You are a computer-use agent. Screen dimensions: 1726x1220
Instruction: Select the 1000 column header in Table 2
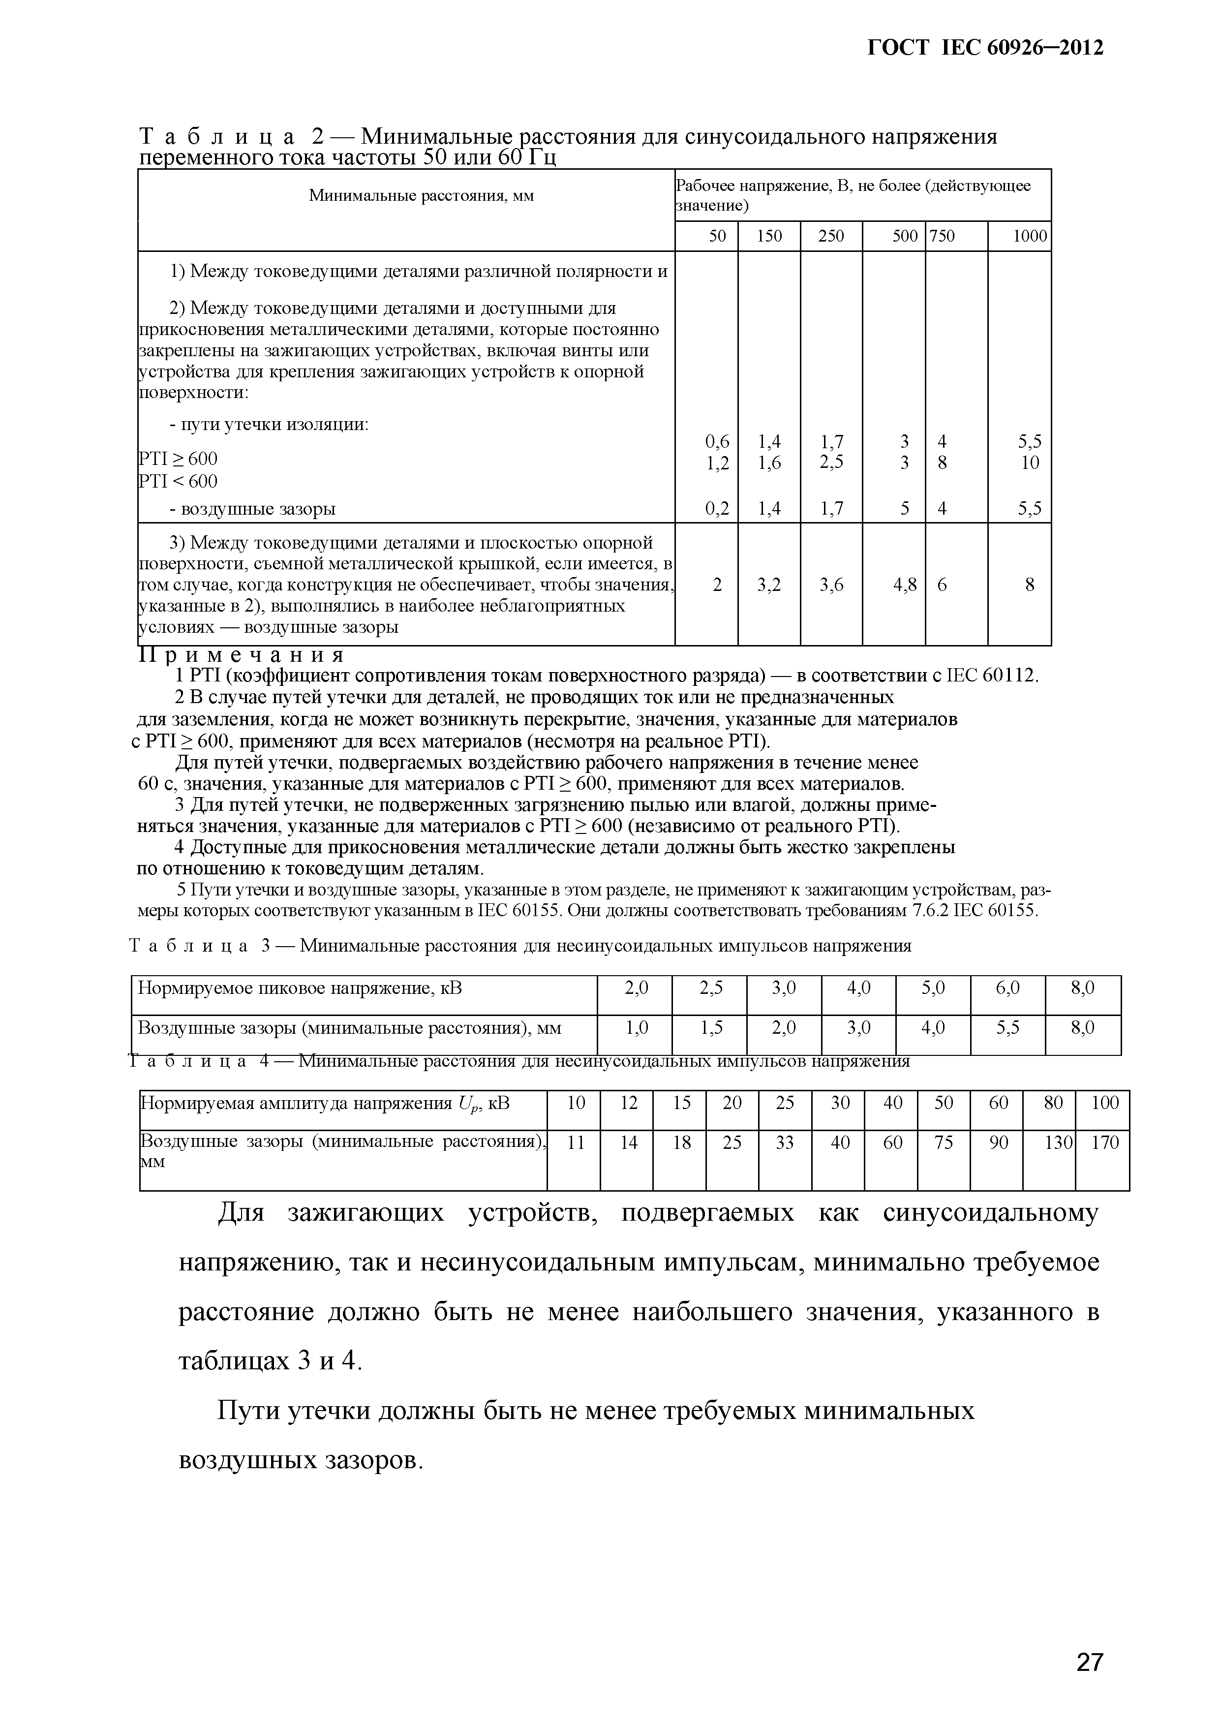point(1029,236)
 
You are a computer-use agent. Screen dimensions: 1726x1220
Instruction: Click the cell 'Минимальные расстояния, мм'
point(421,196)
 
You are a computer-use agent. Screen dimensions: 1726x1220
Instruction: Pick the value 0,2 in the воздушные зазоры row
point(717,509)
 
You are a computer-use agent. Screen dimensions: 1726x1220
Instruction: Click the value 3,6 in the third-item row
point(831,584)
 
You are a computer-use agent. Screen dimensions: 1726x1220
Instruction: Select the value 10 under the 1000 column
point(1030,462)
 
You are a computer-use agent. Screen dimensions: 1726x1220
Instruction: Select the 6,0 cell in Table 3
point(1007,988)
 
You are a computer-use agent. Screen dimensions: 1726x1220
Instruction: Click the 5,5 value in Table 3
point(1007,1027)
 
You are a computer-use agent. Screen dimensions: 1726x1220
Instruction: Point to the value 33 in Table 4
point(785,1142)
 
